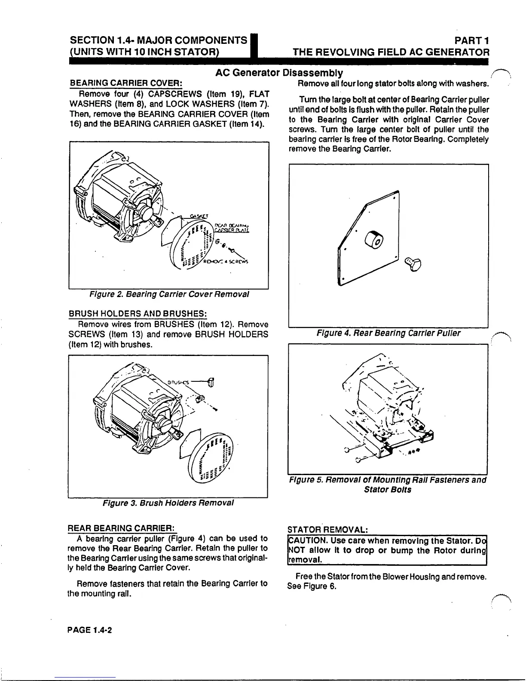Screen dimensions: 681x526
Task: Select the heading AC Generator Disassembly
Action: [279, 72]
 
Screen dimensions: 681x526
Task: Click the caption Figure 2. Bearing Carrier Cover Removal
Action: [169, 294]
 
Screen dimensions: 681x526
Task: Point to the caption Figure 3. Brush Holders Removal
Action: [168, 503]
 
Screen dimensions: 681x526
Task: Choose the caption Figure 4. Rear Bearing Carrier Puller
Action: [388, 333]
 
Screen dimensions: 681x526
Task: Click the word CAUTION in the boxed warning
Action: [305, 540]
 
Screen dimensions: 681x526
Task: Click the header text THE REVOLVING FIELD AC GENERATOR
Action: [391, 52]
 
